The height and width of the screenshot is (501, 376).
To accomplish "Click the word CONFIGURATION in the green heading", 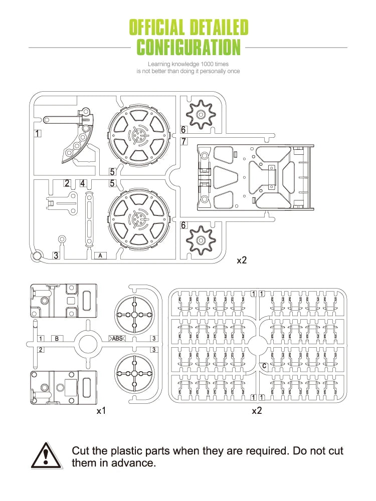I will point(189,46).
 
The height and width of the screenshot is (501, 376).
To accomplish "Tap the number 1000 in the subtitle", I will point(208,64).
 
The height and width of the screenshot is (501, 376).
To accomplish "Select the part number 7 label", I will point(184,141).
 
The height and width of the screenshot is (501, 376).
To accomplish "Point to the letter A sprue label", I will point(100,256).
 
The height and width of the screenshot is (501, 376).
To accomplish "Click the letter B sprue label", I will point(57,338).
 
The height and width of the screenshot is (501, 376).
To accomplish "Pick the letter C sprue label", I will point(264,366).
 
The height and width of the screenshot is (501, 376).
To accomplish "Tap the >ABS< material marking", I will point(117,338).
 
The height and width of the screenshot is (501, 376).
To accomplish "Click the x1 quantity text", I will point(101,411).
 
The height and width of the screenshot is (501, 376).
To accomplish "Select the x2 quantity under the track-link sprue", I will point(257,411).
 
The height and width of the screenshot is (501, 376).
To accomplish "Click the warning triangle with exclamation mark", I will point(46,456).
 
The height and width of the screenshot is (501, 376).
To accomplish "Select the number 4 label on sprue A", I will point(83,183).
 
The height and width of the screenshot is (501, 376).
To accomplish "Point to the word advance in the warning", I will point(134,463).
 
